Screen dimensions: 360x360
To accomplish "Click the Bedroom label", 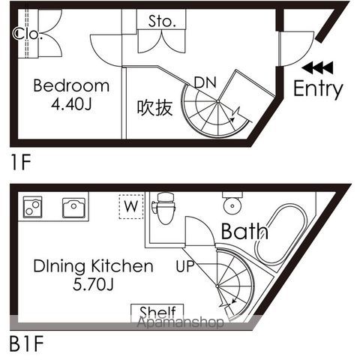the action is coord(71,85).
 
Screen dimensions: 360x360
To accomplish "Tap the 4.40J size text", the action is coord(71,104).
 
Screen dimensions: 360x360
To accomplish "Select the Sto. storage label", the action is coord(162,21).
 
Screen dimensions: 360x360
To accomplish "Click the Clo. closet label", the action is coord(28,34).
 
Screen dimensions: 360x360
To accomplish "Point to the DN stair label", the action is coord(205,82).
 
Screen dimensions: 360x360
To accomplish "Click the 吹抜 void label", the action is coord(155,107).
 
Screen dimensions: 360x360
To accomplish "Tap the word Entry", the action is coord(318,89).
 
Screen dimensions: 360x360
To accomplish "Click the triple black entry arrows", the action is coord(317,67).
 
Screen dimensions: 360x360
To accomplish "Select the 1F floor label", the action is coord(21,162).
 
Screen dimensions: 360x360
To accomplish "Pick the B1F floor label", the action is coord(26,344).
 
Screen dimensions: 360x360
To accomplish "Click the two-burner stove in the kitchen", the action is coord(32,207).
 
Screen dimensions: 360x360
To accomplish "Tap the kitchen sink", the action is coord(73,208).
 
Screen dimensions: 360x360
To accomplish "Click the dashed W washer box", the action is coord(131,206).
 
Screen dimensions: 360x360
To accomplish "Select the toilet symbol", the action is coord(163,208).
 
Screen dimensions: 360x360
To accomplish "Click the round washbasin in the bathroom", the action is coord(232,204).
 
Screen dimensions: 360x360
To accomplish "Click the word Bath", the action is coord(244,231).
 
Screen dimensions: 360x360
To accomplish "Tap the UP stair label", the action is coord(185,266).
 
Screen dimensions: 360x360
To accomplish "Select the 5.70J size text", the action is coord(93,284).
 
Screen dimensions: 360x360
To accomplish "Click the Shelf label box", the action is coord(157,313).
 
